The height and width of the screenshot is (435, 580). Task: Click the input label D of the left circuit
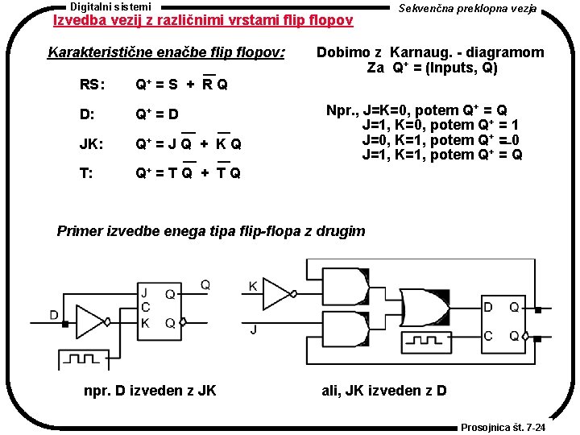tap(54, 314)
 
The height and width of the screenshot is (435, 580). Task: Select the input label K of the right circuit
tap(253, 286)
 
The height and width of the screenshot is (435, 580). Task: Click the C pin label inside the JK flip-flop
tap(146, 308)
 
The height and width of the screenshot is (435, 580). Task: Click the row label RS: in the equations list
tap(91, 85)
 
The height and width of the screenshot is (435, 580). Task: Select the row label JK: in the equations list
tap(91, 145)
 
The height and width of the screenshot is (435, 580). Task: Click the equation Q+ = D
tap(157, 114)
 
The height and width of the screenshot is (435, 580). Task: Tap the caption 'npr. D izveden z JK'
tap(150, 391)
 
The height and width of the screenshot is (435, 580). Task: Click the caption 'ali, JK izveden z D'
tap(384, 391)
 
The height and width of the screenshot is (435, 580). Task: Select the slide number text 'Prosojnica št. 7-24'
tap(503, 427)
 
